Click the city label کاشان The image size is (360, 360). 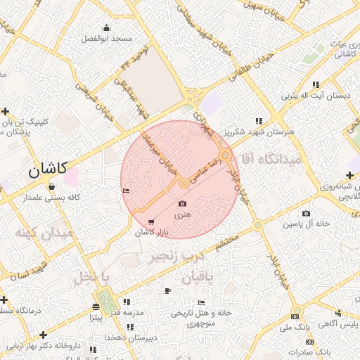click(48, 169)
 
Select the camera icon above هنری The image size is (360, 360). click(183, 204)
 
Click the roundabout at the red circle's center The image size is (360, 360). click(184, 183)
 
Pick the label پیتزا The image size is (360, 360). click(96, 318)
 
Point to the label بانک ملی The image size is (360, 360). click(295, 328)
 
